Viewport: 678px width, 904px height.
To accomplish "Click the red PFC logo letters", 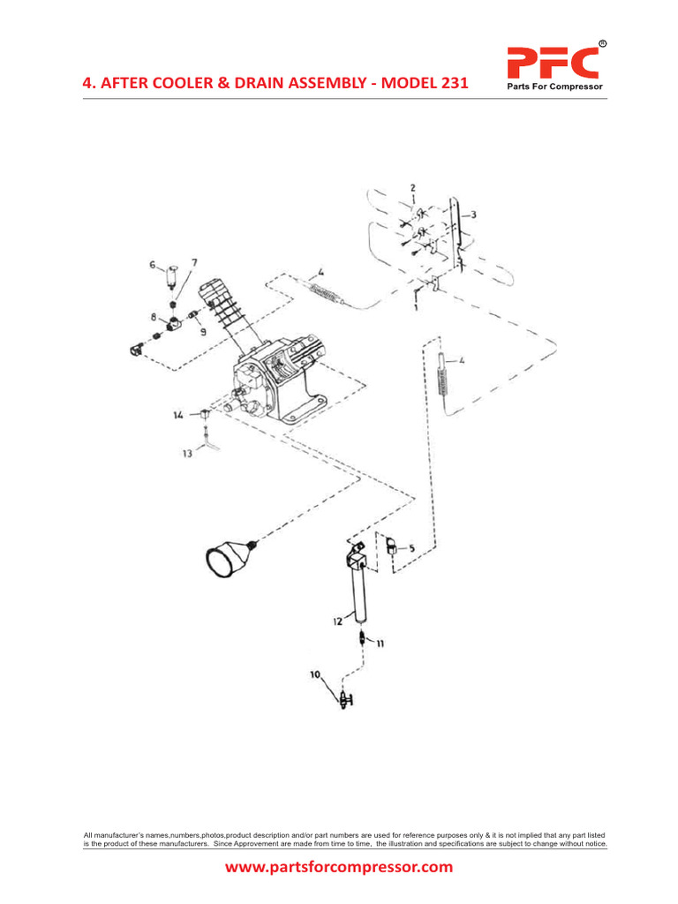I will pyautogui.click(x=553, y=63).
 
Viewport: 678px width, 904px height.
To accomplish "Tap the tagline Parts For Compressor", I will pyautogui.click(x=553, y=86).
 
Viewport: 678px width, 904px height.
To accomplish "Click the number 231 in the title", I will pyautogui.click(x=451, y=84).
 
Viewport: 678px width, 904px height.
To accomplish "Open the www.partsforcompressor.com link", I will pyautogui.click(x=339, y=867).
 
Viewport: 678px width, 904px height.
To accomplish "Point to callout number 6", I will pyautogui.click(x=152, y=264).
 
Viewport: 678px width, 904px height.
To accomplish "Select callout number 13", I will pyautogui.click(x=187, y=453).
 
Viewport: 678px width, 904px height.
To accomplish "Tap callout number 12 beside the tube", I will pyautogui.click(x=337, y=621).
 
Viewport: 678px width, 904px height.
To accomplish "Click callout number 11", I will pyautogui.click(x=380, y=643).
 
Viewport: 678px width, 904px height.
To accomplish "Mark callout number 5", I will pyautogui.click(x=411, y=547).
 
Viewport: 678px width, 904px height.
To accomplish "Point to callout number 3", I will pyautogui.click(x=474, y=215).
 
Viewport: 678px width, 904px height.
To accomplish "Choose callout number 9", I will pyautogui.click(x=203, y=332).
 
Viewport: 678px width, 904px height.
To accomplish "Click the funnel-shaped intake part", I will pyautogui.click(x=228, y=559).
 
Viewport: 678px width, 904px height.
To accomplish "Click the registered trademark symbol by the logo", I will pyautogui.click(x=602, y=42).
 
